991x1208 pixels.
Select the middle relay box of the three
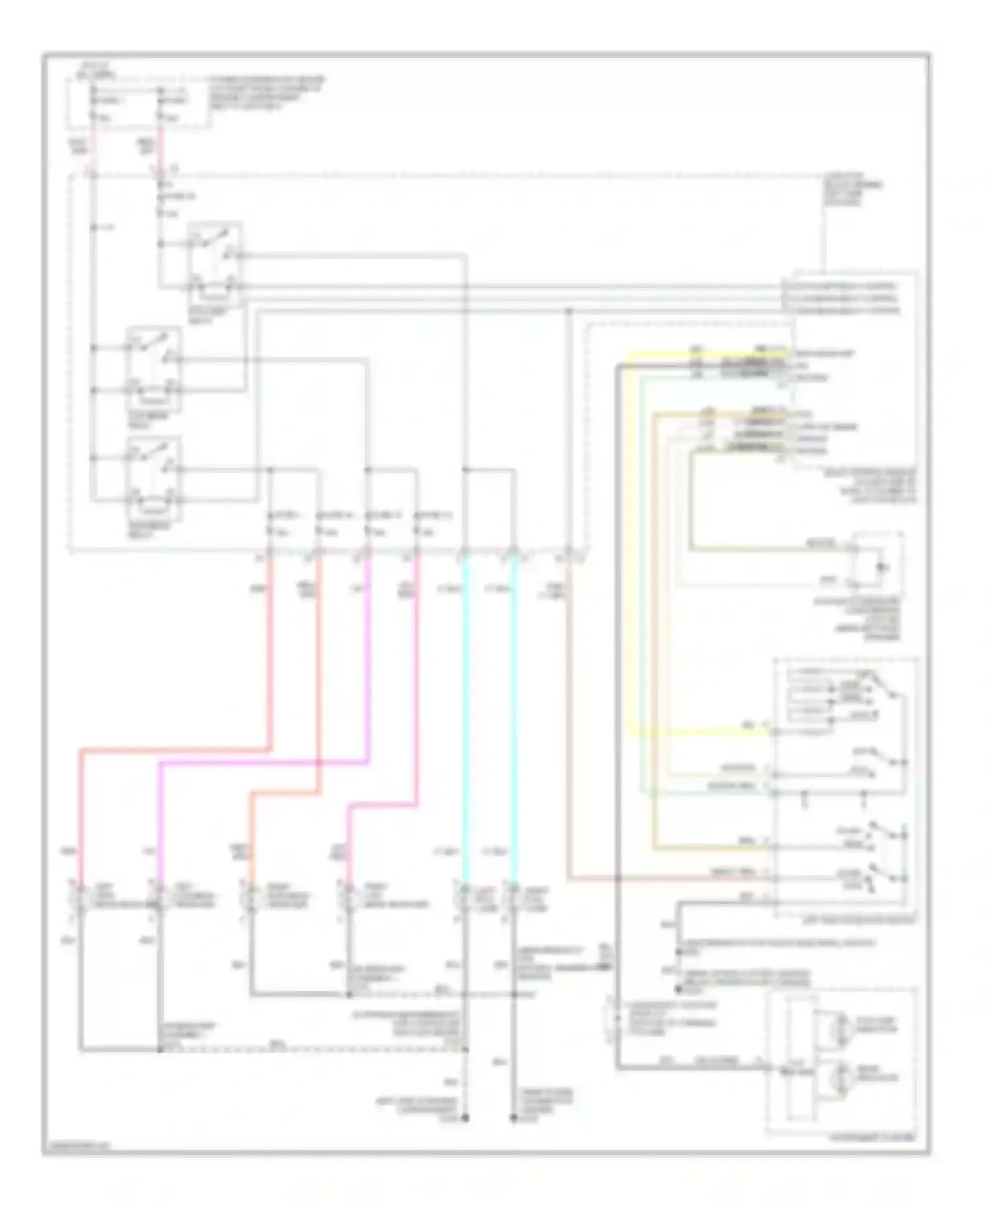point(153,368)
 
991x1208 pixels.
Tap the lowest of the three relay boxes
point(153,478)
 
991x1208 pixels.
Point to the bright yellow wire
point(631,542)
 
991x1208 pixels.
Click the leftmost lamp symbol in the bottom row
point(80,899)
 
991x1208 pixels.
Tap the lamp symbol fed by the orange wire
point(251,899)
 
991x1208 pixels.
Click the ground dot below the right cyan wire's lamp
point(514,1118)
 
